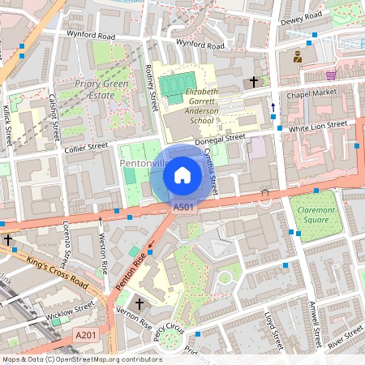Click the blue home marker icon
click(182, 175)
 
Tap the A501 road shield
click(184, 208)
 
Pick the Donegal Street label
click(225, 139)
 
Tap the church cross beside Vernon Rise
click(139, 303)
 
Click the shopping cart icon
click(330, 75)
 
